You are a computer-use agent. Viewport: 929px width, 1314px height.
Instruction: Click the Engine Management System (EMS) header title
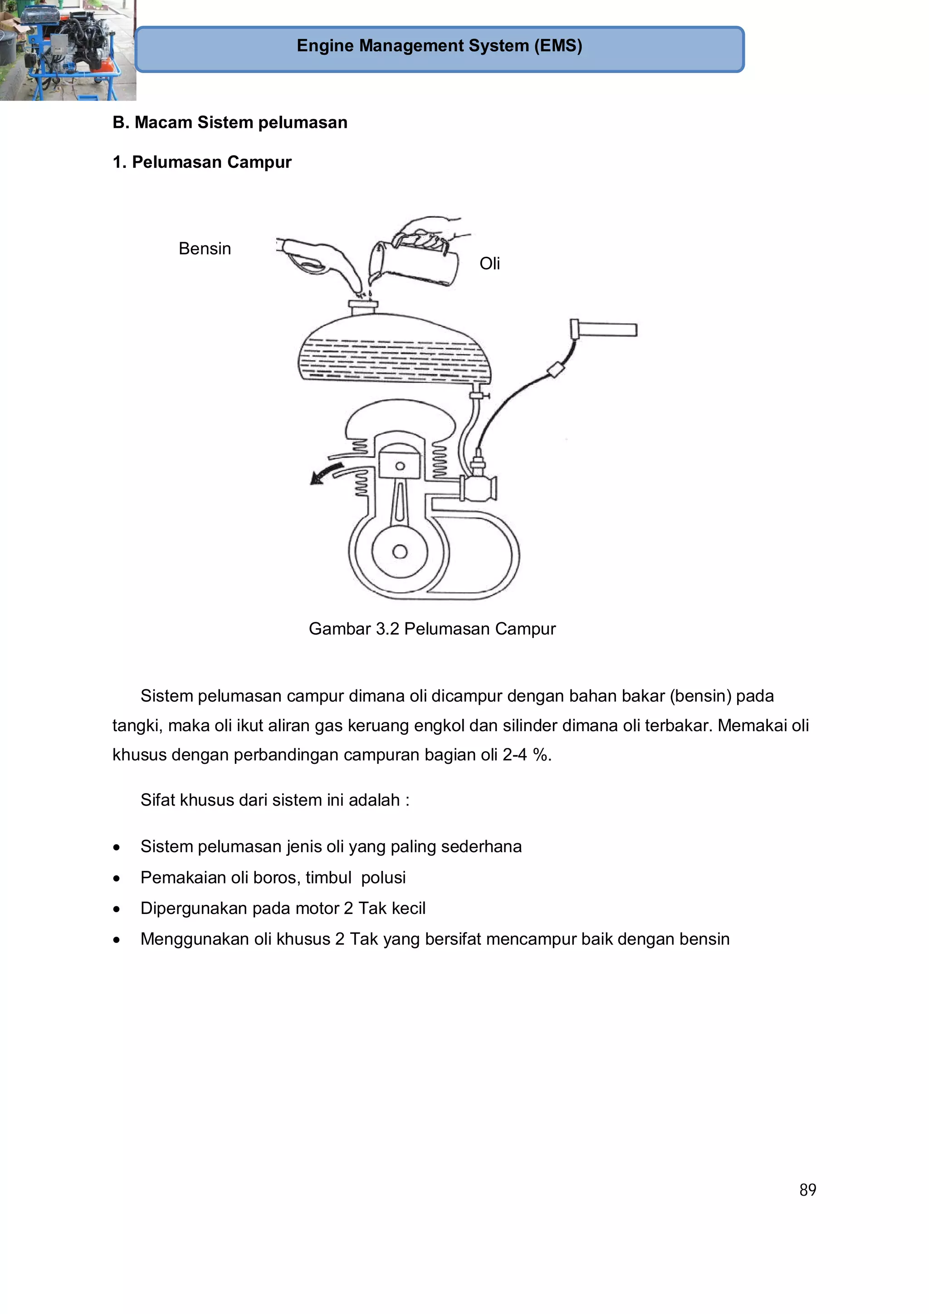tap(439, 46)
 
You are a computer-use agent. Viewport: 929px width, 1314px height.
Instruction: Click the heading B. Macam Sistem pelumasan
tap(230, 122)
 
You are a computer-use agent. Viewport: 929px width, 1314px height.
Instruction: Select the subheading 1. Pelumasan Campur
tap(202, 162)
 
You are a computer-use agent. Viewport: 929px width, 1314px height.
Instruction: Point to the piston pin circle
tap(400, 466)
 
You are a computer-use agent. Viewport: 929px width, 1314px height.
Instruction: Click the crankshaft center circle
tap(400, 552)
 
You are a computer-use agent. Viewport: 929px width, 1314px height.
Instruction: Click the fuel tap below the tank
tap(477, 395)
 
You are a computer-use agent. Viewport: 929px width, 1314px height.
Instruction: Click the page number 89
tap(807, 1190)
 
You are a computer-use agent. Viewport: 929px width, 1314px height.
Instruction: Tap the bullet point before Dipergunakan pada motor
tap(117, 909)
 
